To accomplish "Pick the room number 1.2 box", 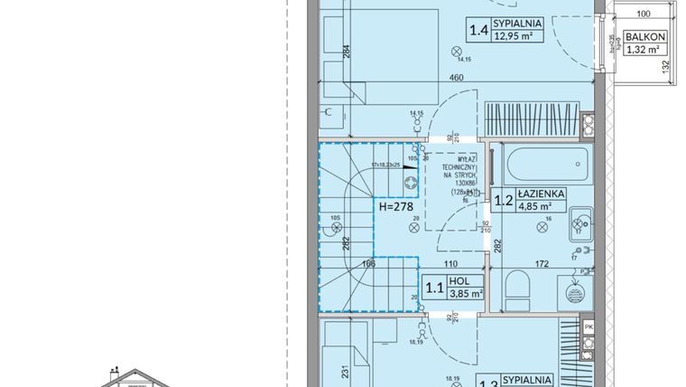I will [502, 199].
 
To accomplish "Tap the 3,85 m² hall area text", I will [466, 294].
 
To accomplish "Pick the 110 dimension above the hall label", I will [450, 264].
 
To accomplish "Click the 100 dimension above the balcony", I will [643, 14].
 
